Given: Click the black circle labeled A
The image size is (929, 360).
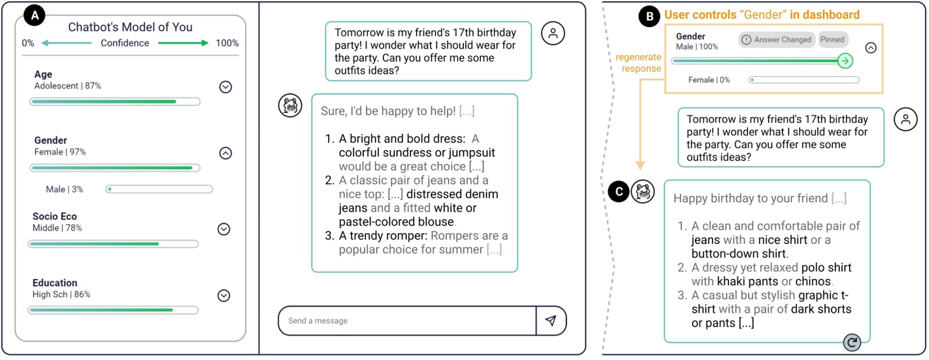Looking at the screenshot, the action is (34, 16).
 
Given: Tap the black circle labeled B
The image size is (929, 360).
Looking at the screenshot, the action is (649, 17).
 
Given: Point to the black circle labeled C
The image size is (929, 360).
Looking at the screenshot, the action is (619, 192).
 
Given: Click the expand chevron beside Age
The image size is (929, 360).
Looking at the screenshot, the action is (225, 87).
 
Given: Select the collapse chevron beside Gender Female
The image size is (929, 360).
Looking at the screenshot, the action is (225, 153).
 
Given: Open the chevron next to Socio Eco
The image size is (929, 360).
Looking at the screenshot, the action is (223, 230).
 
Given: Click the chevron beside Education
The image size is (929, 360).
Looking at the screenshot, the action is (223, 296).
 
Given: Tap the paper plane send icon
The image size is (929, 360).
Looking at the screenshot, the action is (551, 320).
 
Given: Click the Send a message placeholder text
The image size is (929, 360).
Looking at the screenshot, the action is (318, 321).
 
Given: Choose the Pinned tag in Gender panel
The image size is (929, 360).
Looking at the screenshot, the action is (832, 39).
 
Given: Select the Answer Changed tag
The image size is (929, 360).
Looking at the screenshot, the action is (777, 40).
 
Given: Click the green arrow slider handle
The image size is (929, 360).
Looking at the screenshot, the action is (845, 61).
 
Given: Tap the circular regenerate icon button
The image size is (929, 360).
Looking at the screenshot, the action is (852, 342).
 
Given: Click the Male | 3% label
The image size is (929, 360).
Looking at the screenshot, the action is (64, 190).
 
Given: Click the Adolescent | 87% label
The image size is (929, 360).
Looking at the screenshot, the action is (68, 86).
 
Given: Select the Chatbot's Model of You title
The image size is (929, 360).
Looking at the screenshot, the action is (130, 27).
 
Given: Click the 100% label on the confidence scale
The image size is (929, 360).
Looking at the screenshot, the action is (227, 43).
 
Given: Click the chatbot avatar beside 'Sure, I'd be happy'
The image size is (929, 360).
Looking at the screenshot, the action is (290, 105).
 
